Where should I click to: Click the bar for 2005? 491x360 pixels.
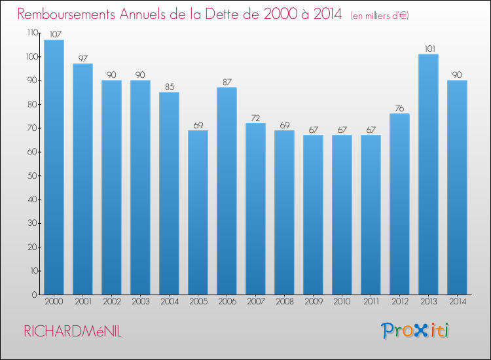tap(198, 212)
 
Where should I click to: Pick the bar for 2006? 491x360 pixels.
tap(227, 190)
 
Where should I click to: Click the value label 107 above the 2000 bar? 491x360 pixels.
tap(54, 35)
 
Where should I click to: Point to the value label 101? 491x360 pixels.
tap(428, 48)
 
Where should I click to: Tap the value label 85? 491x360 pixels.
tap(169, 87)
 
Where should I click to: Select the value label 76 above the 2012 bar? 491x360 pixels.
tap(399, 108)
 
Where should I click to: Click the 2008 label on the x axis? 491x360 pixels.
tap(284, 302)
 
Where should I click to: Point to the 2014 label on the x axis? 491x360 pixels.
tap(457, 302)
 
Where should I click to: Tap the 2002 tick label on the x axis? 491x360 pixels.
tap(111, 302)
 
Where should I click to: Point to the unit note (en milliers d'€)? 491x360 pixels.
tap(379, 15)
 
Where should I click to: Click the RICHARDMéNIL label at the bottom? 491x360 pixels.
tap(73, 331)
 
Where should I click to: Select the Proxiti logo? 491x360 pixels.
tap(415, 331)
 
